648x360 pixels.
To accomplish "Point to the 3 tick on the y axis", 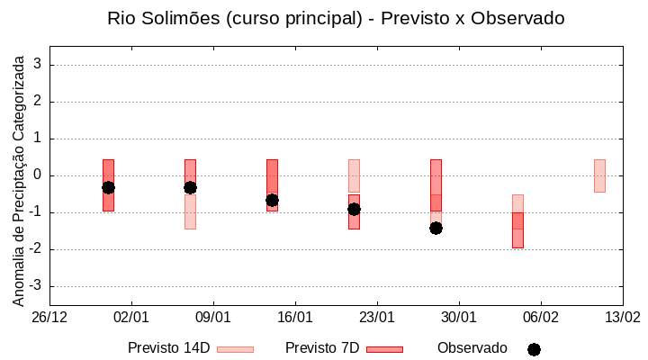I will click(x=39, y=65).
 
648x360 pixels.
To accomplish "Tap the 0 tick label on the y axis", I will click(x=39, y=175).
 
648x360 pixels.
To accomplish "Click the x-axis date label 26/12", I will click(x=49, y=318).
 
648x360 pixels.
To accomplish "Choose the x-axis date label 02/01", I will click(x=131, y=318).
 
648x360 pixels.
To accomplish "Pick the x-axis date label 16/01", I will click(x=295, y=318).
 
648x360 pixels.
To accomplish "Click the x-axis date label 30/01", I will click(x=458, y=318).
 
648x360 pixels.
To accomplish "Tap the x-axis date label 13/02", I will click(x=622, y=318).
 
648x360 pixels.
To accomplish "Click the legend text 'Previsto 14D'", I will click(x=168, y=348).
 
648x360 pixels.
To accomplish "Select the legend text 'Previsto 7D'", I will click(x=322, y=348).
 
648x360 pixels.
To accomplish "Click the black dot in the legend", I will click(x=534, y=349).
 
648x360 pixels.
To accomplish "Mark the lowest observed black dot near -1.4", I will click(x=436, y=228).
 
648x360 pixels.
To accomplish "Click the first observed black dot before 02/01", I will click(x=108, y=187).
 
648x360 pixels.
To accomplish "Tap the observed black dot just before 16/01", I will click(x=272, y=200).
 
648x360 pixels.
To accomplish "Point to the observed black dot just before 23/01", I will click(x=354, y=209).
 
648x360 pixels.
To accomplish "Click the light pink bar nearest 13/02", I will click(x=599, y=175).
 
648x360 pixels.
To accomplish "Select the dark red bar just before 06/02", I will click(x=517, y=230).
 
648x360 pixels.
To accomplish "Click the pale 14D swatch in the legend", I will click(x=235, y=349).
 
